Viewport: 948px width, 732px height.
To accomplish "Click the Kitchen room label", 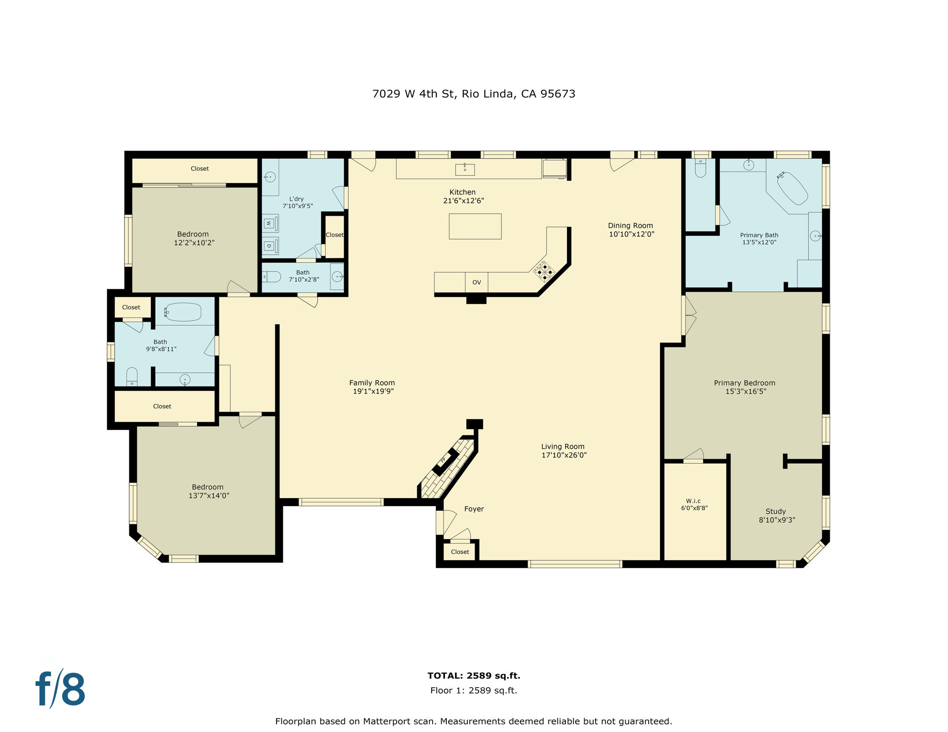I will [462, 192].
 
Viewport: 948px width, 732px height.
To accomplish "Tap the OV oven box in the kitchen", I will [476, 282].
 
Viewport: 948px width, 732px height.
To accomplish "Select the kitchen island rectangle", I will [475, 226].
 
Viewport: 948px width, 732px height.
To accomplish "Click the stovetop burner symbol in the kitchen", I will [545, 272].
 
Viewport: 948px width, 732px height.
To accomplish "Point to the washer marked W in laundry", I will [269, 223].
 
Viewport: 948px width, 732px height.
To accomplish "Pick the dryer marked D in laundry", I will [269, 246].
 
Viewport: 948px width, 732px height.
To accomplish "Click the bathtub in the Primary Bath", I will [792, 187].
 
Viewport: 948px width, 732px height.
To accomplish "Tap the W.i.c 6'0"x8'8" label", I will [694, 504].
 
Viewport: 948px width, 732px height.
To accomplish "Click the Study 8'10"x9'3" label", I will [776, 515].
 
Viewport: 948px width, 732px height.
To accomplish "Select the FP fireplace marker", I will [443, 460].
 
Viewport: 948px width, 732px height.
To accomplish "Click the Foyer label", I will [474, 509].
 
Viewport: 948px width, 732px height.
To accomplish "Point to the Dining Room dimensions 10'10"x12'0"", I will [631, 234].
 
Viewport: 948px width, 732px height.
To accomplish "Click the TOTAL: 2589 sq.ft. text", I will [474, 675].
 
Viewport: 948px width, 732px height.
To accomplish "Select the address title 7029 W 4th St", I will [474, 94].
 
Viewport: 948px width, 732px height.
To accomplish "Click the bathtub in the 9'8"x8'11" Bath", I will [183, 312].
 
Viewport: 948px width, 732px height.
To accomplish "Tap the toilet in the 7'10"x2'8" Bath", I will [272, 276].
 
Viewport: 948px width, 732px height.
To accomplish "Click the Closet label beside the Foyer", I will [460, 552].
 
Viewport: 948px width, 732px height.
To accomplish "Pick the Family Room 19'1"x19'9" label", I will [372, 386].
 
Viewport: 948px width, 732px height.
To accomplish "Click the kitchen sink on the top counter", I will [465, 169].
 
